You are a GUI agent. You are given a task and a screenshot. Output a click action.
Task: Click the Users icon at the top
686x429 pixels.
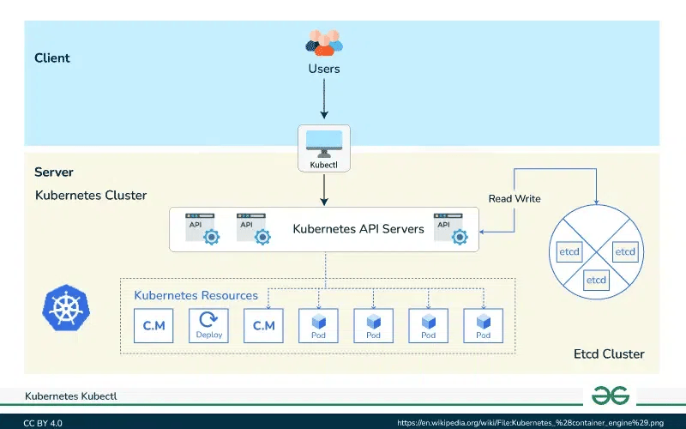(x=324, y=42)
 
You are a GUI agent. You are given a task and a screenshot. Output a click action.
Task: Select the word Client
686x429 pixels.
(x=52, y=58)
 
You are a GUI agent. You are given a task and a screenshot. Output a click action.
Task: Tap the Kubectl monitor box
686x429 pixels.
(x=324, y=147)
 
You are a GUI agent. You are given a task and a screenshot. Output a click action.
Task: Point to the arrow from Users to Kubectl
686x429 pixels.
(x=324, y=100)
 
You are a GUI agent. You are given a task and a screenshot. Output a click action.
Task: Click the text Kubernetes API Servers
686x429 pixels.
(x=358, y=229)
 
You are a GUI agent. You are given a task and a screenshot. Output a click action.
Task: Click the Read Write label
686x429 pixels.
(x=514, y=198)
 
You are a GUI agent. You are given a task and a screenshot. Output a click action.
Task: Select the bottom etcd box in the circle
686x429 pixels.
(x=596, y=280)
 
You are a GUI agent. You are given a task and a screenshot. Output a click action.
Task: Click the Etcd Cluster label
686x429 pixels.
(x=608, y=354)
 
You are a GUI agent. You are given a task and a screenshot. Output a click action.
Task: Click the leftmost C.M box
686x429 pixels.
(x=153, y=325)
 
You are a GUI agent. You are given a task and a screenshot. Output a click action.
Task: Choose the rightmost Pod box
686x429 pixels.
(x=483, y=325)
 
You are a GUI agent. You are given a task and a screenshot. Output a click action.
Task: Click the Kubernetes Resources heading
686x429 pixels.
(x=196, y=295)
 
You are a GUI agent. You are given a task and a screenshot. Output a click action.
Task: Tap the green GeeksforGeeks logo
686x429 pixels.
(x=611, y=396)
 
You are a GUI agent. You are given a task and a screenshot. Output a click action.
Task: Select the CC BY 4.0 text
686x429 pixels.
(x=43, y=423)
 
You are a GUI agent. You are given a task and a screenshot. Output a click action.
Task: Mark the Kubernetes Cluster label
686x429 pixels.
(x=91, y=195)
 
